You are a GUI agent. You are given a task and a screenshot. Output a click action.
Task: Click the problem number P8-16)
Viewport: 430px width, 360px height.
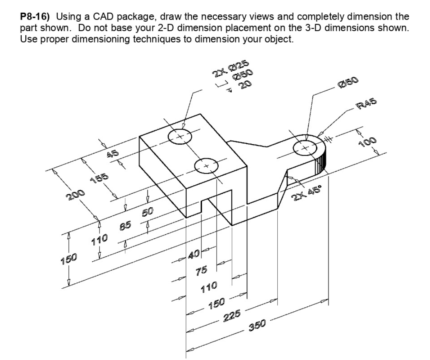pos(34,17)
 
